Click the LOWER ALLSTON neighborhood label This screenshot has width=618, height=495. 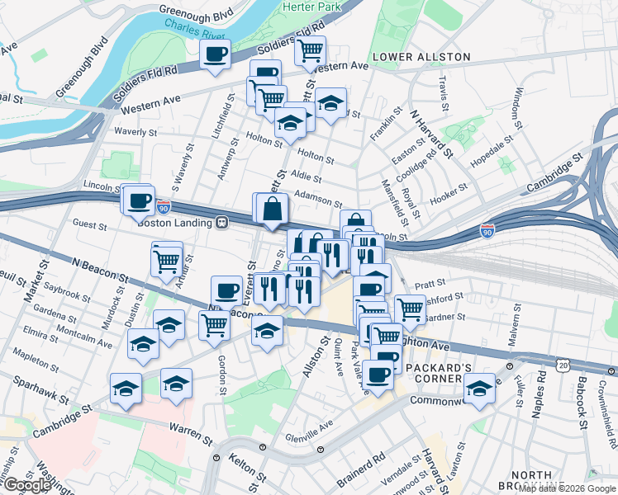pyautogui.click(x=421, y=57)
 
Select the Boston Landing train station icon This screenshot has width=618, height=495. pyautogui.click(x=222, y=222)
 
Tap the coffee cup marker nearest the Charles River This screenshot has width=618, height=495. pyautogui.click(x=216, y=55)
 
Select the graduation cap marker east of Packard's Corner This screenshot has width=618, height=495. pyautogui.click(x=478, y=389)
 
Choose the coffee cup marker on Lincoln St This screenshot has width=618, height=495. pyautogui.click(x=139, y=200)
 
